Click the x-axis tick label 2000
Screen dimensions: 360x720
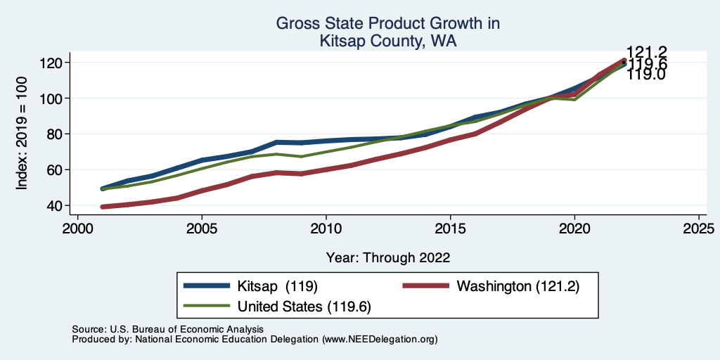(x=77, y=230)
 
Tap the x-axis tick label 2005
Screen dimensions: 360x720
(x=202, y=230)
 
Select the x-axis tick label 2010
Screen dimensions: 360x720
(x=326, y=230)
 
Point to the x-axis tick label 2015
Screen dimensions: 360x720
(x=451, y=230)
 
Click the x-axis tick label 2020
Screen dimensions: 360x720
(x=574, y=230)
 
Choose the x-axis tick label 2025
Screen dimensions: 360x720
(x=699, y=230)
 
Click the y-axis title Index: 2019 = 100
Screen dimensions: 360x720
(x=22, y=134)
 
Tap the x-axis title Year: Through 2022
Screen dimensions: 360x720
(x=388, y=257)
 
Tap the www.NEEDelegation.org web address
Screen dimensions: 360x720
(x=380, y=340)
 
